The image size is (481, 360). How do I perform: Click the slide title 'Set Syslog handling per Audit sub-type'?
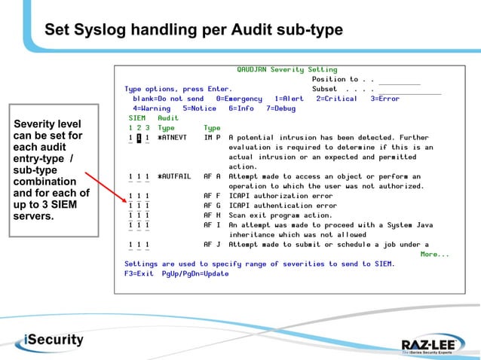[x=194, y=30]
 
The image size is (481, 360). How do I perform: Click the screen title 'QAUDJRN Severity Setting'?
[x=286, y=69]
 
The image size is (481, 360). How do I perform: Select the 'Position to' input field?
[x=399, y=80]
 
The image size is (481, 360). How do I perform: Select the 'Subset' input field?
[x=409, y=90]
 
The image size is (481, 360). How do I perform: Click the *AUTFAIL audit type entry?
[x=174, y=177]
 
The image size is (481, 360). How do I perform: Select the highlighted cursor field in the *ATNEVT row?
[x=139, y=138]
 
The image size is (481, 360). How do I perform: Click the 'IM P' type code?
[x=212, y=138]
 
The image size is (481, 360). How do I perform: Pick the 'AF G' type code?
[x=212, y=206]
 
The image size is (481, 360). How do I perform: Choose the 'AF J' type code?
[x=212, y=245]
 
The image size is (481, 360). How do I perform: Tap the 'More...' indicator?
[x=434, y=254]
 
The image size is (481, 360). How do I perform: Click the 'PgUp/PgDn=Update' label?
[x=195, y=273]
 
